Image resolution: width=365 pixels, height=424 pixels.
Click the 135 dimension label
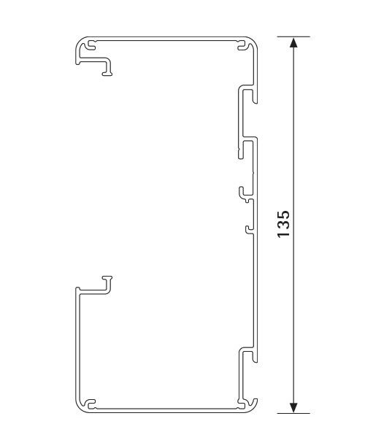(283, 225)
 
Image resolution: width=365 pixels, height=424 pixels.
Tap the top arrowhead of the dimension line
(293, 43)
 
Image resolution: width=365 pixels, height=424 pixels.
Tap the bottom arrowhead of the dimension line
(293, 407)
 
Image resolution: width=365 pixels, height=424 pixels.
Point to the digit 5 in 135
(283, 215)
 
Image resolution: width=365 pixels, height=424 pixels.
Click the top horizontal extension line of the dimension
(293, 36)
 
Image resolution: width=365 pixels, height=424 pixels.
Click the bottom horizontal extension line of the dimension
(293, 414)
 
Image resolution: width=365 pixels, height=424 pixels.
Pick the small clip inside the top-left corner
(91, 45)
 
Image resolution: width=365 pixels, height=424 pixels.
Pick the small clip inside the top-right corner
(242, 45)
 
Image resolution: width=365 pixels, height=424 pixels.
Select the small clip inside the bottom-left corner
(91, 404)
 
